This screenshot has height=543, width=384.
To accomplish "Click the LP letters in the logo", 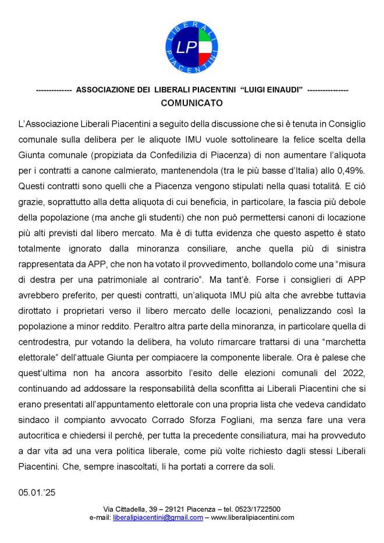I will [187, 46].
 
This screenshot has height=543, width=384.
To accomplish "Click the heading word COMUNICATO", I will [191, 103].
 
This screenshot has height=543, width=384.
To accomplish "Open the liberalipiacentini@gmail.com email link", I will [158, 517].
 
